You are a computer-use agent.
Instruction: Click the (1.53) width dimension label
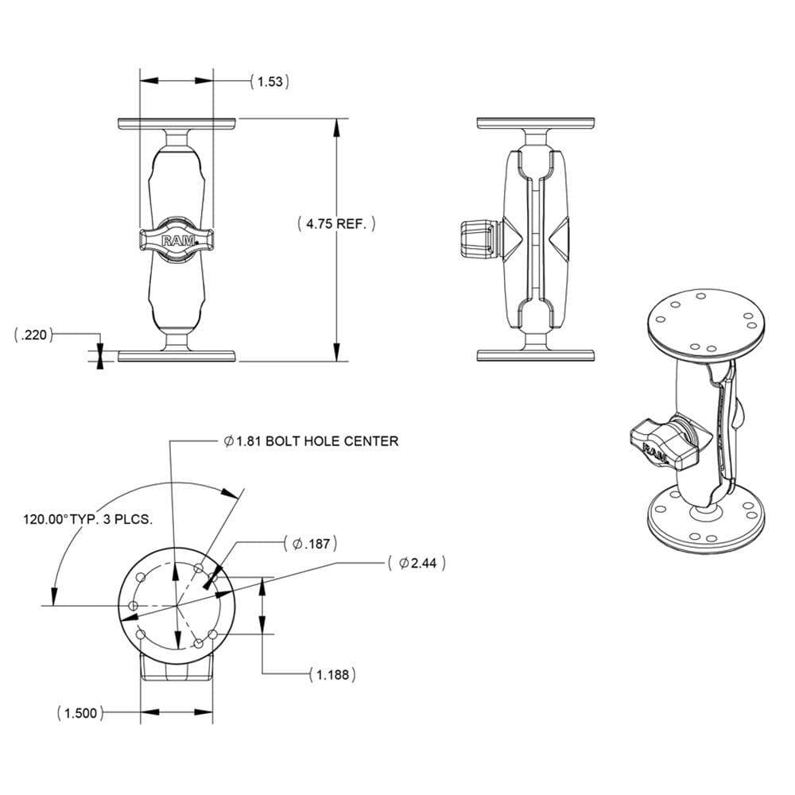click(269, 81)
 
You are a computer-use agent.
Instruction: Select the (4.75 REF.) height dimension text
click(336, 225)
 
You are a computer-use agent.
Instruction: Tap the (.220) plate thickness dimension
click(33, 336)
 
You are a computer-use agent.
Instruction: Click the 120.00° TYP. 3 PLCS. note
click(87, 519)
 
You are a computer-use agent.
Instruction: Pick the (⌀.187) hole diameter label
click(311, 545)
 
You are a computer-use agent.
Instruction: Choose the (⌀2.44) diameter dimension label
click(417, 563)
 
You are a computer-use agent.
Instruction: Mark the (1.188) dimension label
click(331, 675)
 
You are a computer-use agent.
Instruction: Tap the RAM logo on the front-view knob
click(176, 240)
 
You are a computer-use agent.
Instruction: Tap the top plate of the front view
click(176, 125)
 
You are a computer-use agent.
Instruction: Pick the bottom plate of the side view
click(536, 355)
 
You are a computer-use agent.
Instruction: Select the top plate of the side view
click(536, 124)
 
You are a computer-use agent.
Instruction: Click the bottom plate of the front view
click(176, 355)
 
